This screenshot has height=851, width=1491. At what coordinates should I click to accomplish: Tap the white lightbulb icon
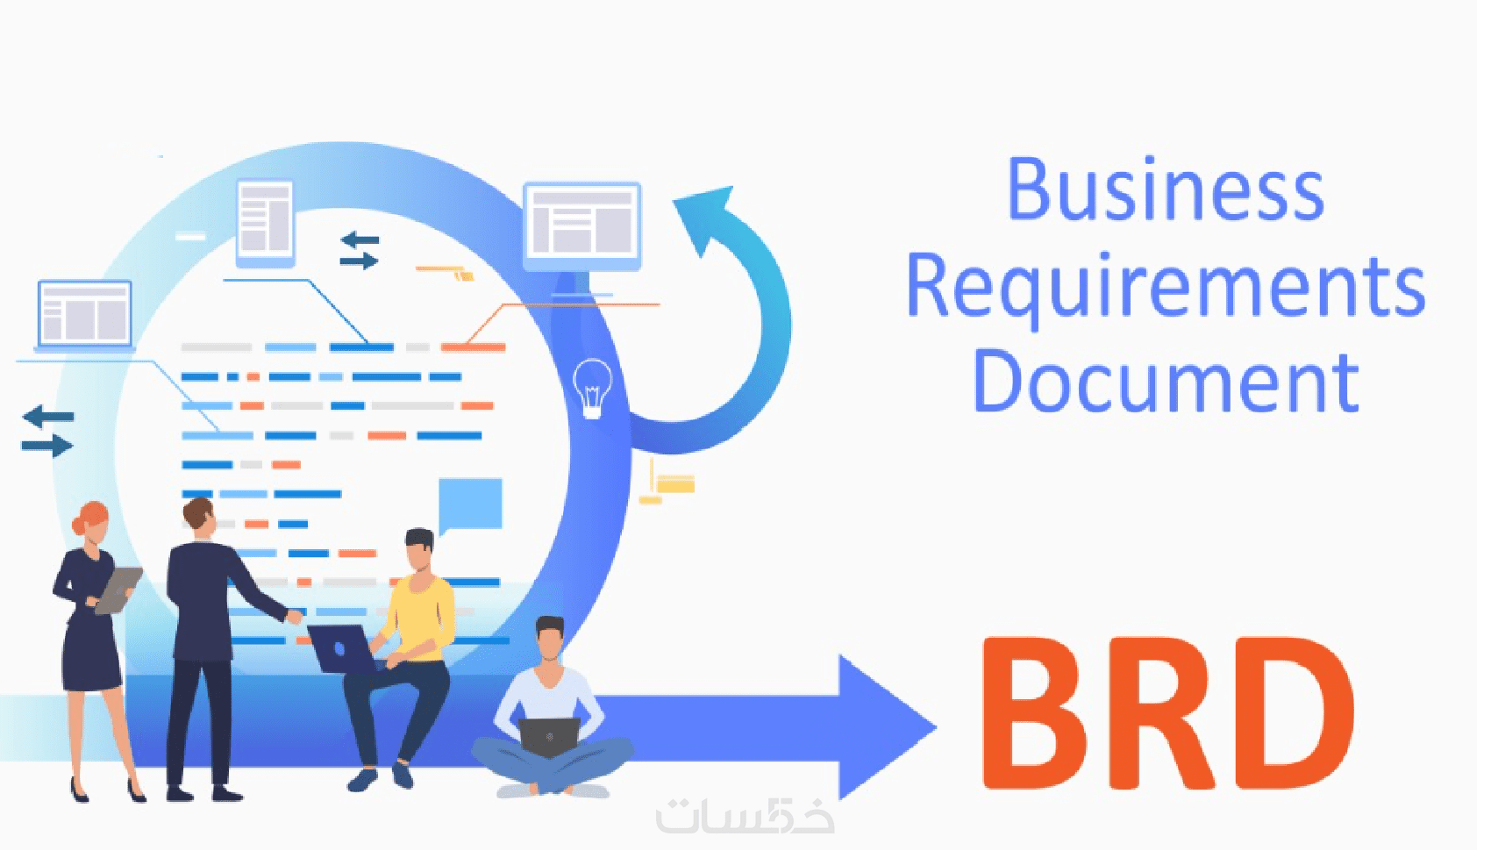(x=592, y=388)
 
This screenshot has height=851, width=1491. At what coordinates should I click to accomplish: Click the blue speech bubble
(x=470, y=504)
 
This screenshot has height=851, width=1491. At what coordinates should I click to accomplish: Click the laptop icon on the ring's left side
(x=84, y=313)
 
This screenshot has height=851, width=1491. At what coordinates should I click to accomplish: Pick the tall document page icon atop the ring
(x=265, y=221)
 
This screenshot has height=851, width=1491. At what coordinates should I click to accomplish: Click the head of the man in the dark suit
(x=199, y=518)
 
